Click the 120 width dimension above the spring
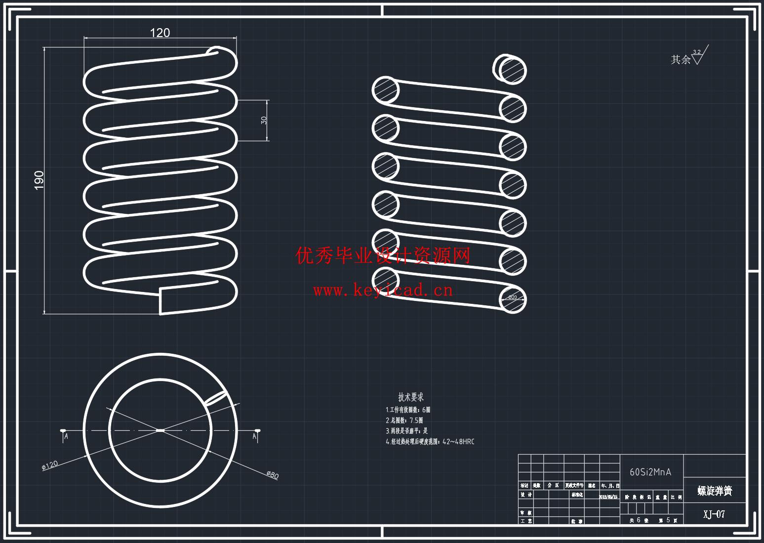click(160, 33)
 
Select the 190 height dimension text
click(39, 180)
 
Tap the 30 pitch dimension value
click(264, 120)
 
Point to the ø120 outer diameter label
click(50, 465)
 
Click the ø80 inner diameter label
click(273, 475)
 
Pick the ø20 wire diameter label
click(513, 297)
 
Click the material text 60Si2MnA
click(650, 472)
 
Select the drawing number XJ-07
click(714, 514)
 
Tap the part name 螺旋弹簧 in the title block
click(715, 491)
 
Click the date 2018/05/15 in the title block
click(608, 497)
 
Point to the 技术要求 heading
click(411, 397)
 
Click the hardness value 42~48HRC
click(458, 442)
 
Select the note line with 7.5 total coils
click(404, 420)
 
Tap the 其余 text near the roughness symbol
click(681, 60)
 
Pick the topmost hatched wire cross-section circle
click(512, 70)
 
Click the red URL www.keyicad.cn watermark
click(383, 290)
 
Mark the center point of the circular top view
click(160, 430)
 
